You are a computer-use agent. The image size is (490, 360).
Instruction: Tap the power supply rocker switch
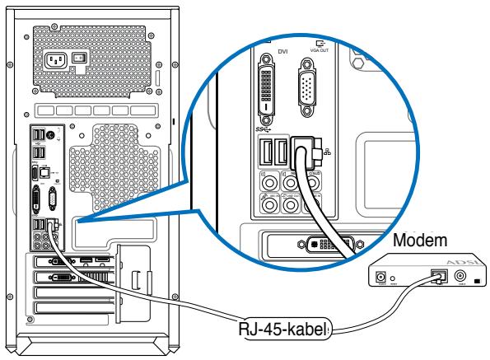[x=79, y=59]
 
